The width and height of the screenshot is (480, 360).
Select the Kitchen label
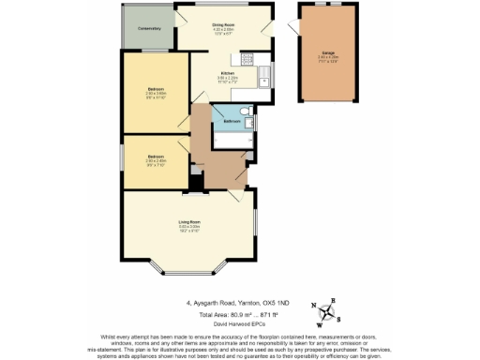[x=227, y=73]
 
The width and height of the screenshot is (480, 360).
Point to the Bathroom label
[x=231, y=121]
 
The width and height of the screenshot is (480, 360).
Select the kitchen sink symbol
[x=265, y=74]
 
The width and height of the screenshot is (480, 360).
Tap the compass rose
[x=329, y=313]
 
